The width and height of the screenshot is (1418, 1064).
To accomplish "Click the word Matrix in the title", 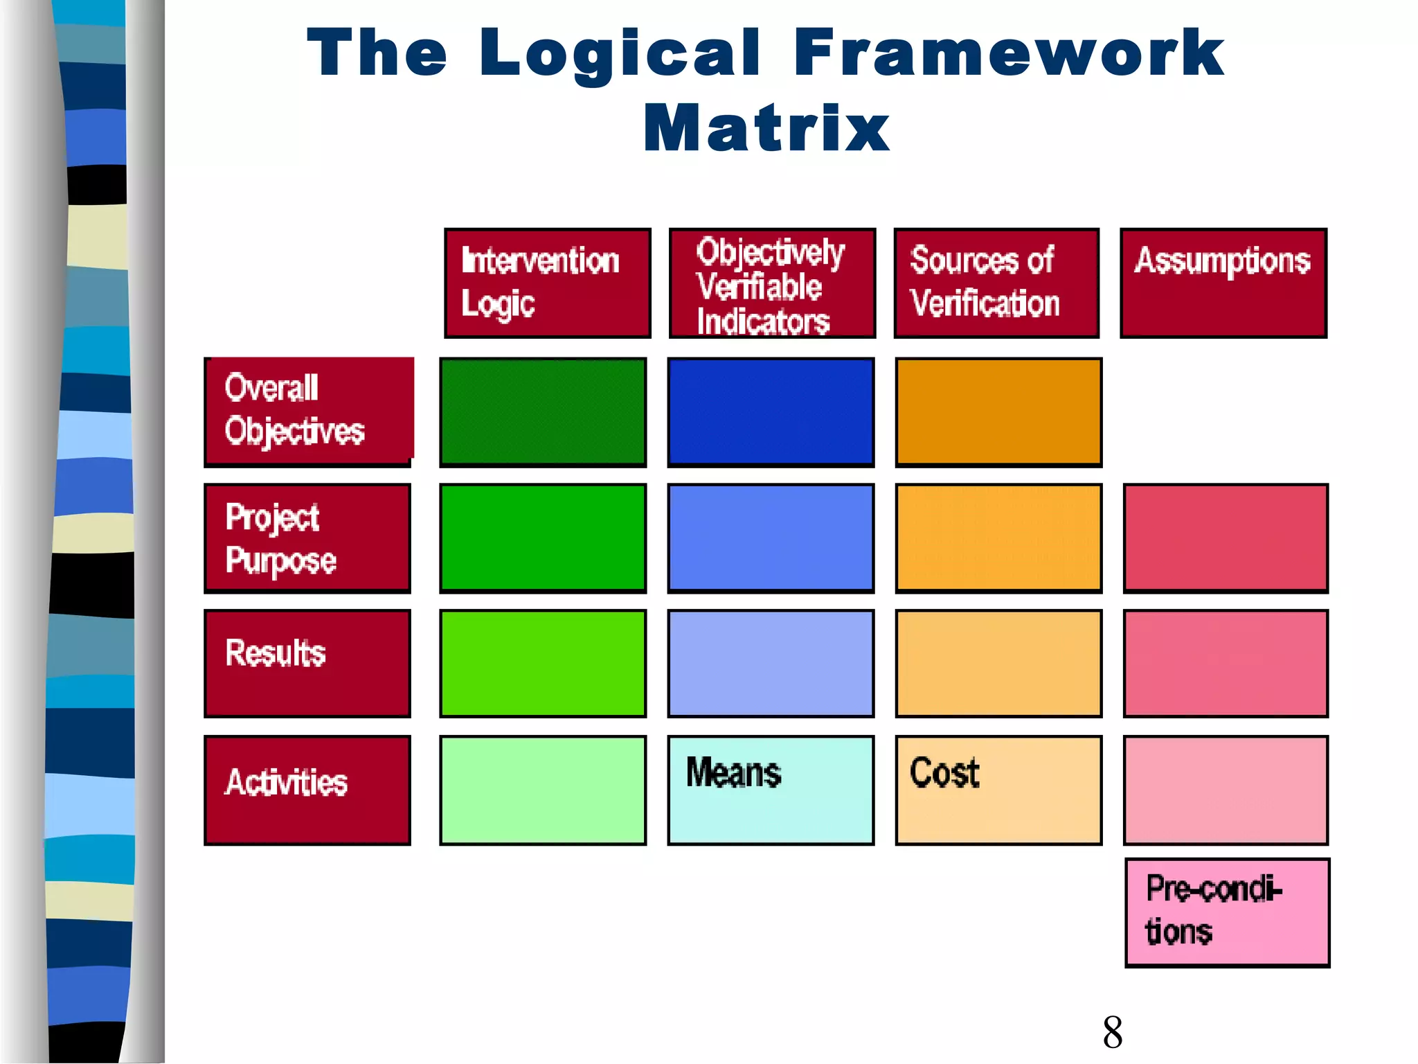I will coord(766,128).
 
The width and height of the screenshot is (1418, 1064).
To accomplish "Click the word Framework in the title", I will coord(1009,53).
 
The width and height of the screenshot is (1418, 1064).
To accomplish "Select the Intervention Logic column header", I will coord(547,283).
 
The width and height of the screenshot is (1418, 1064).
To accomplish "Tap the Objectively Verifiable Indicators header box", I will coord(772,283).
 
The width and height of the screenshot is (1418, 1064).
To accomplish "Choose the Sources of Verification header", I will coord(996,283).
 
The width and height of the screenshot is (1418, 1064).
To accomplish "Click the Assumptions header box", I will coord(1223,283).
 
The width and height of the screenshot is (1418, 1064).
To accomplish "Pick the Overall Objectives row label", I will coord(308,411).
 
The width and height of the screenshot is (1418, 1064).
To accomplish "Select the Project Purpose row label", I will coord(307,538).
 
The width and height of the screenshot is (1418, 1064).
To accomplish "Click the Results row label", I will coord(307,664).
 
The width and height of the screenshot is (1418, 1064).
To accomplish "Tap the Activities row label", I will coord(307,790).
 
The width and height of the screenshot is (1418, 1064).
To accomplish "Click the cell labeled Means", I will coord(771,790).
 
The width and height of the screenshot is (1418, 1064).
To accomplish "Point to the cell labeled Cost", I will coord(998,790).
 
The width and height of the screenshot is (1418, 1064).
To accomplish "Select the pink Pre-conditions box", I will coord(1227,912).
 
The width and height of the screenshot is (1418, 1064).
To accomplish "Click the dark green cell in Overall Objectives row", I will coord(543,411).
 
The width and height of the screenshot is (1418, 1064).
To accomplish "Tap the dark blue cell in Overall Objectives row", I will coord(771,411).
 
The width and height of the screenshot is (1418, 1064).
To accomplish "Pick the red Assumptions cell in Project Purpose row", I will coord(1226,538).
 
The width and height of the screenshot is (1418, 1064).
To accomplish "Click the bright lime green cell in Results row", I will coord(543,664).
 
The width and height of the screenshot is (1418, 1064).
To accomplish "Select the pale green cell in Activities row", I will coord(543,790).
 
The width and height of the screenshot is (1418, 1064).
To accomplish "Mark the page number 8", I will coord(1112,1032).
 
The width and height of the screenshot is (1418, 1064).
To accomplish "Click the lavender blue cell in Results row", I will coord(771,664).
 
